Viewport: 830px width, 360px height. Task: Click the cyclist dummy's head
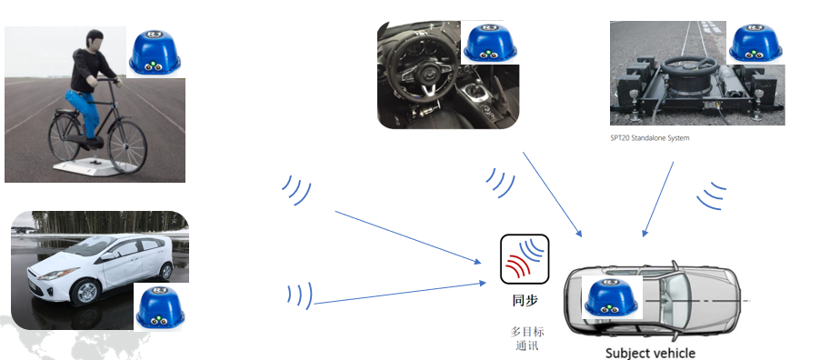(x=94, y=41)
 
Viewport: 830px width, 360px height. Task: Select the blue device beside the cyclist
(x=155, y=53)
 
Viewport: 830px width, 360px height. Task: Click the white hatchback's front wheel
(x=85, y=291)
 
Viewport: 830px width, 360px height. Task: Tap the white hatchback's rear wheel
(x=165, y=270)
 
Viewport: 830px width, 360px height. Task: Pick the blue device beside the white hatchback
(x=160, y=306)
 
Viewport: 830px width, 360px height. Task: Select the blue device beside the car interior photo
(x=490, y=43)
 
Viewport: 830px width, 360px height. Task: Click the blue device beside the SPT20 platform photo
(x=755, y=43)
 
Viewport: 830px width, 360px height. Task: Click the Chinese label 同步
(x=525, y=300)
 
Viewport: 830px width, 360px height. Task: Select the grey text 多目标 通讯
(x=526, y=339)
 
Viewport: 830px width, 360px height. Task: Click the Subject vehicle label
(x=650, y=352)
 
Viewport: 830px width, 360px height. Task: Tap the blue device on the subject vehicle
(x=611, y=296)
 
